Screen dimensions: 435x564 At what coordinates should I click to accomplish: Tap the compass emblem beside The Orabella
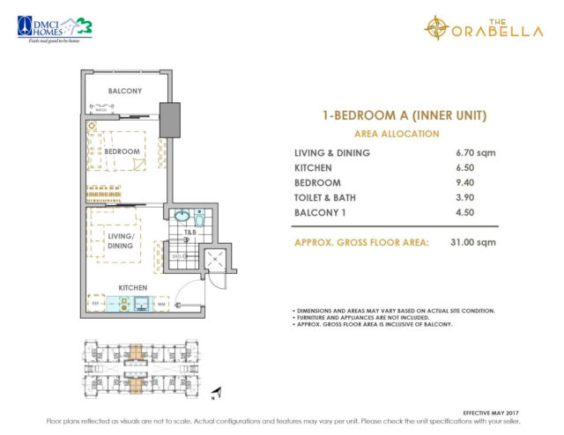(436, 28)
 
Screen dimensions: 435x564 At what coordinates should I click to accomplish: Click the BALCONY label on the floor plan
(126, 91)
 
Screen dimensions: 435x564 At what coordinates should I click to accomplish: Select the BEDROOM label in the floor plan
(122, 151)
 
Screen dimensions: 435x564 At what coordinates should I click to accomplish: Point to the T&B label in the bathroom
(189, 232)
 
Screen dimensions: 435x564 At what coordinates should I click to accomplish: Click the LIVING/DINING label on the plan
(121, 240)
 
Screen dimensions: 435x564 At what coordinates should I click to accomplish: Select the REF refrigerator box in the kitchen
(97, 306)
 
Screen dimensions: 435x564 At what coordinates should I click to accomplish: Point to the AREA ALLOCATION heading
(396, 134)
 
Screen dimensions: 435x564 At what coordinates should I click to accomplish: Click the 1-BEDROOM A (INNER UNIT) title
(396, 115)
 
